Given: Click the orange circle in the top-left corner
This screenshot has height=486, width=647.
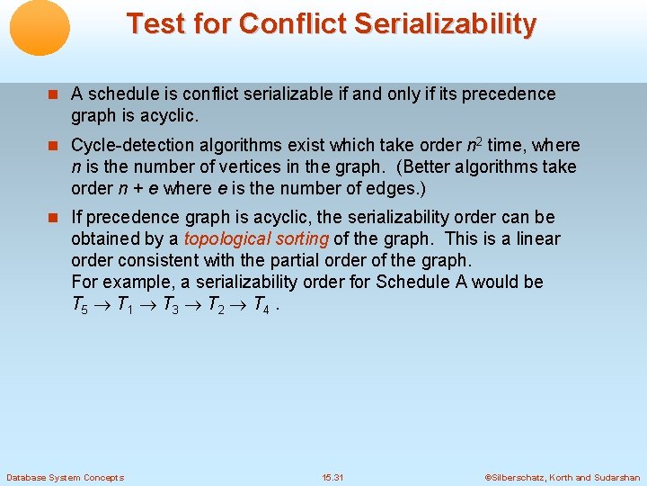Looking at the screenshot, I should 40,28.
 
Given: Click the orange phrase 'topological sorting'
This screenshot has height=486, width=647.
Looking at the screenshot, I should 256,238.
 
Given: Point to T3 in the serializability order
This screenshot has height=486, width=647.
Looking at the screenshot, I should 172,305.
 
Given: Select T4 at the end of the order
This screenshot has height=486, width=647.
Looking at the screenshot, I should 261,305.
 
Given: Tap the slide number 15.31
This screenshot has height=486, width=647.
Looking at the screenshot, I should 332,477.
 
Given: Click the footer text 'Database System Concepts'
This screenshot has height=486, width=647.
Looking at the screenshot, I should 66,477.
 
